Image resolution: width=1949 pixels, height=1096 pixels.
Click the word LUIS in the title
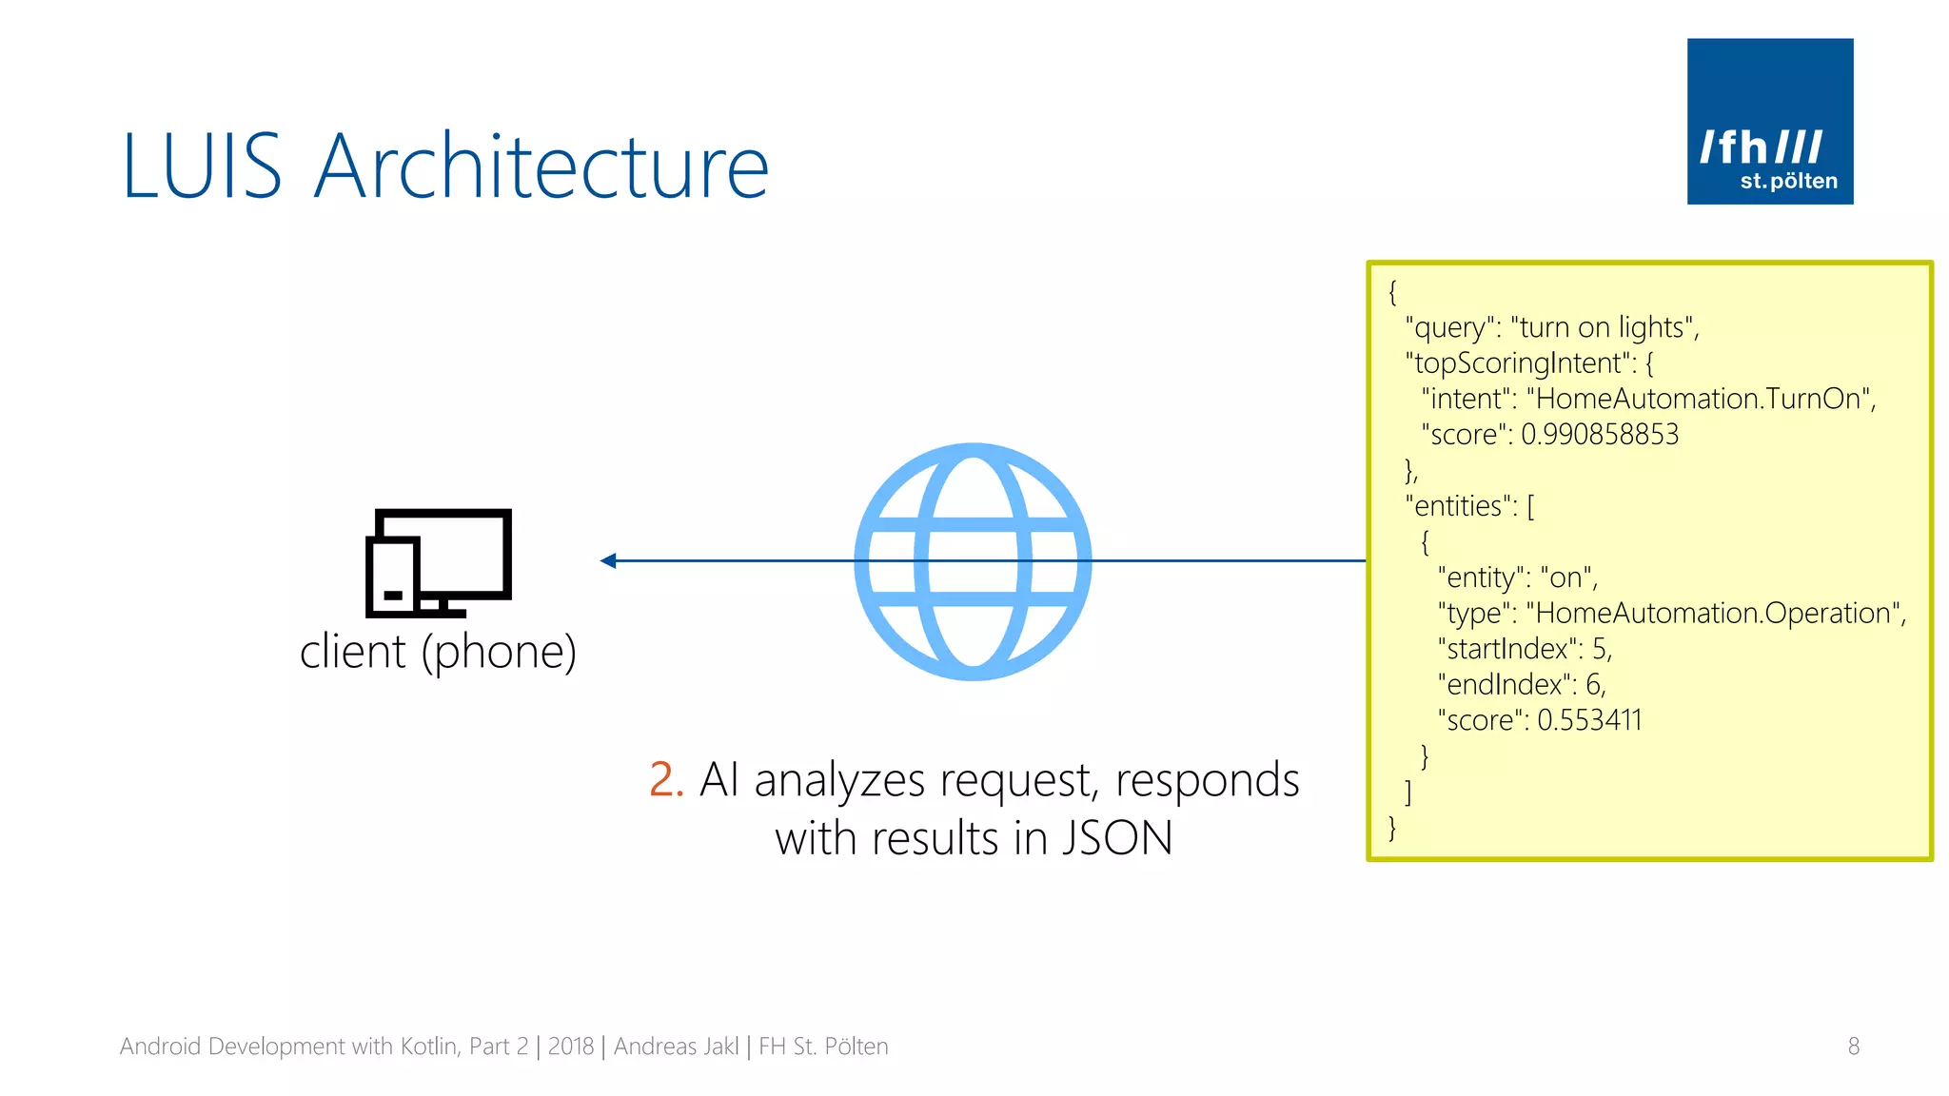click(x=202, y=167)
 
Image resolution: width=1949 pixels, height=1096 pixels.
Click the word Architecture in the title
click(x=541, y=167)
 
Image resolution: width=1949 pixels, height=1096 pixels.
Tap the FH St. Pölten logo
click(x=1769, y=122)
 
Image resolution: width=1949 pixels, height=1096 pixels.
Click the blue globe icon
click(x=973, y=561)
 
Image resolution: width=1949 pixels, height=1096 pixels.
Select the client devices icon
click(x=439, y=562)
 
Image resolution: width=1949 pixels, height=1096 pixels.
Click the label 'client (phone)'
click(x=438, y=653)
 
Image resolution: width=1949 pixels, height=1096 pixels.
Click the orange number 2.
click(x=665, y=780)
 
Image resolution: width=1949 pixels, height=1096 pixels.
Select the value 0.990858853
click(x=1600, y=435)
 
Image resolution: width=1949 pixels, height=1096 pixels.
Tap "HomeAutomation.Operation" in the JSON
click(x=1718, y=614)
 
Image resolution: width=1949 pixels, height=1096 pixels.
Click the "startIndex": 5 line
click(x=1525, y=649)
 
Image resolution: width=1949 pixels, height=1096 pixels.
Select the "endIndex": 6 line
click(x=1521, y=685)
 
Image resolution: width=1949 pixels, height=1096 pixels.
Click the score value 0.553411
click(x=1589, y=720)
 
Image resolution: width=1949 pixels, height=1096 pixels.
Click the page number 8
click(x=1853, y=1047)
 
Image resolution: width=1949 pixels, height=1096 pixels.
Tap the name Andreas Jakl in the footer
click(x=676, y=1047)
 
